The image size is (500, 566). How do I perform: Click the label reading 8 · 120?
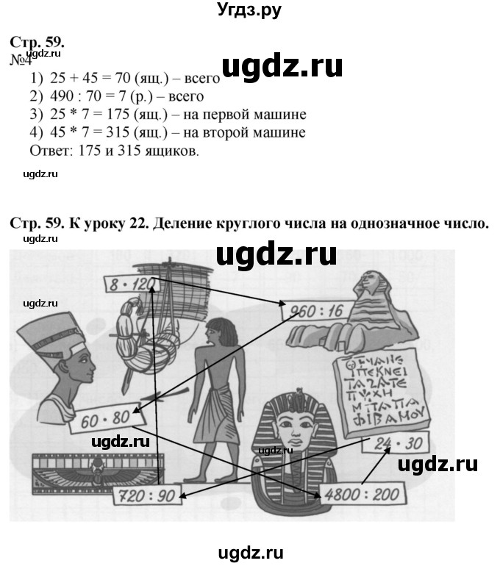tap(132, 284)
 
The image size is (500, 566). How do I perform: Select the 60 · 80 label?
tap(107, 418)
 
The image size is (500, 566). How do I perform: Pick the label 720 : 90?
tap(146, 495)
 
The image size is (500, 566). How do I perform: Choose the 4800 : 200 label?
tap(362, 494)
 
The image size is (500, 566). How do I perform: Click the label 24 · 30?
tap(396, 443)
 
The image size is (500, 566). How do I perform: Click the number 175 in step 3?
tap(118, 114)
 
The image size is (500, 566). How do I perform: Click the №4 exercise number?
tap(20, 60)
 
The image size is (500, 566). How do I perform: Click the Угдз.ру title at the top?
tap(249, 10)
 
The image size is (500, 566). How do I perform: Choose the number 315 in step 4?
tap(118, 132)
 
